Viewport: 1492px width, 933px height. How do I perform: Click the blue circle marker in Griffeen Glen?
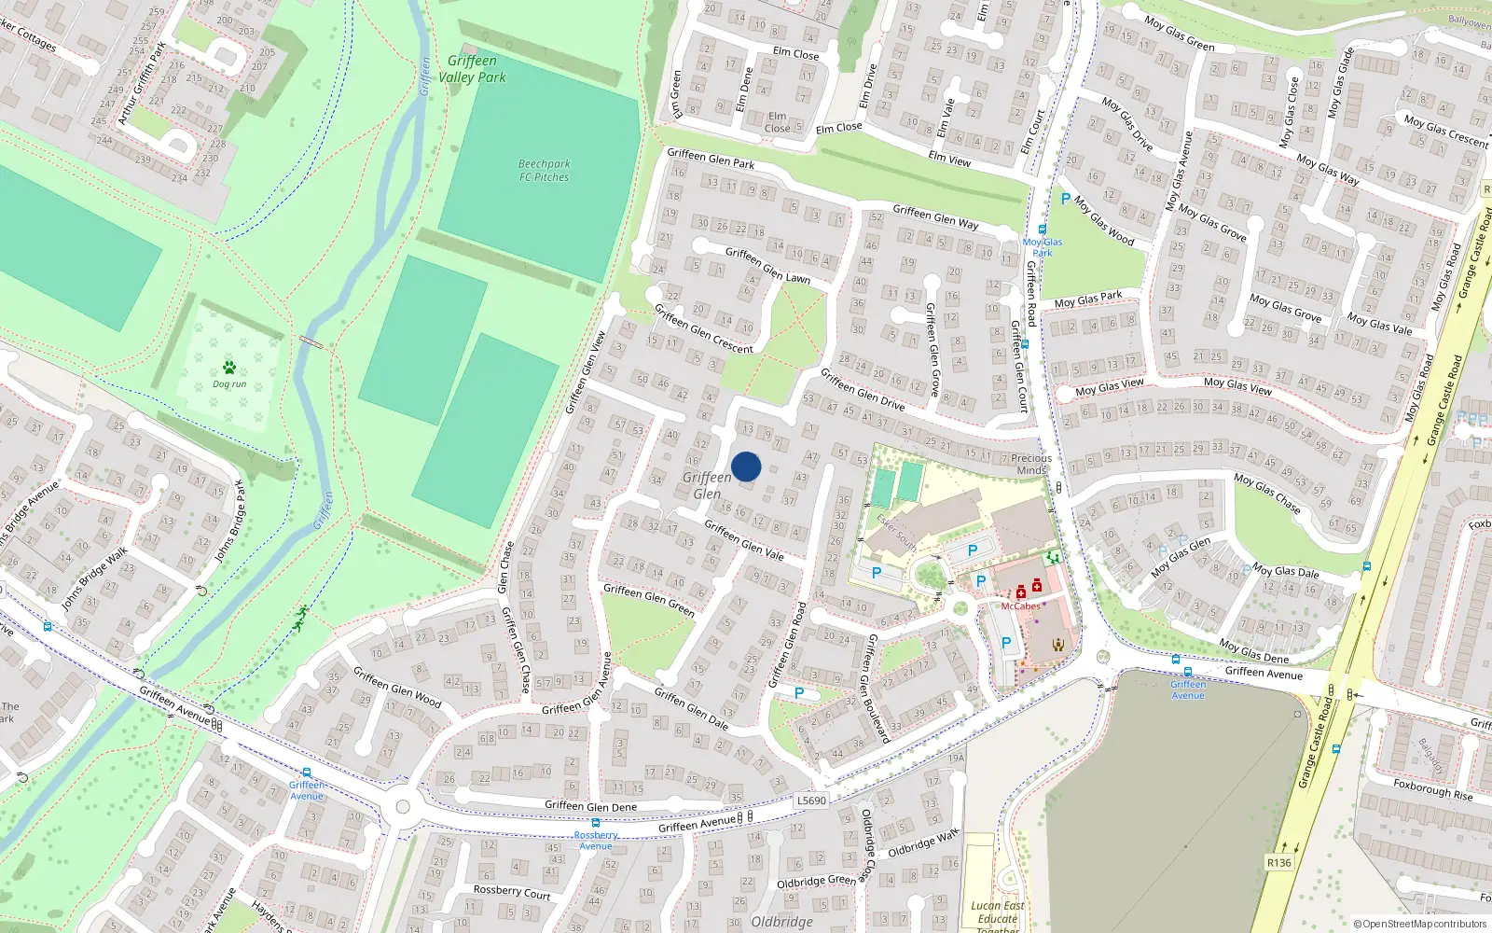pos(746,466)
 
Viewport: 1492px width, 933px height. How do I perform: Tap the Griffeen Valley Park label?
pos(473,69)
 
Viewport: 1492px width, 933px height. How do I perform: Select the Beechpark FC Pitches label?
pos(545,170)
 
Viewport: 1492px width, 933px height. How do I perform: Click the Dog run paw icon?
pos(229,368)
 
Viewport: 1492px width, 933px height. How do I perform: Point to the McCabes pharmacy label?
pos(1020,606)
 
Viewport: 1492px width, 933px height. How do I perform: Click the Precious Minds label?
pos(1030,464)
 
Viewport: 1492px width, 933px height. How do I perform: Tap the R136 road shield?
pos(1278,863)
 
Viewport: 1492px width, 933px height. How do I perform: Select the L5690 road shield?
pos(811,801)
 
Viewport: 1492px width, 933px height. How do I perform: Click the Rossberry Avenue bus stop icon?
pos(596,823)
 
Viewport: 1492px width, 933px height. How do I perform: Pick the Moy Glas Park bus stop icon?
pos(1042,230)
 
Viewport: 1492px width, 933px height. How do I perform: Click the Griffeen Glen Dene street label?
pos(590,806)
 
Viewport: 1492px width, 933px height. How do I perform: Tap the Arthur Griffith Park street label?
pos(142,83)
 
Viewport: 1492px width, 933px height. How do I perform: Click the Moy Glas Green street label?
pos(1180,34)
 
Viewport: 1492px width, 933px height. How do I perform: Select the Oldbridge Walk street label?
pos(923,843)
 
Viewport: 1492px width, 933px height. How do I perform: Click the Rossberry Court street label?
pos(511,892)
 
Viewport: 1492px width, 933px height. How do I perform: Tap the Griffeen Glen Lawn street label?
pos(767,265)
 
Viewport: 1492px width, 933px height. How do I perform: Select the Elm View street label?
pos(949,159)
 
